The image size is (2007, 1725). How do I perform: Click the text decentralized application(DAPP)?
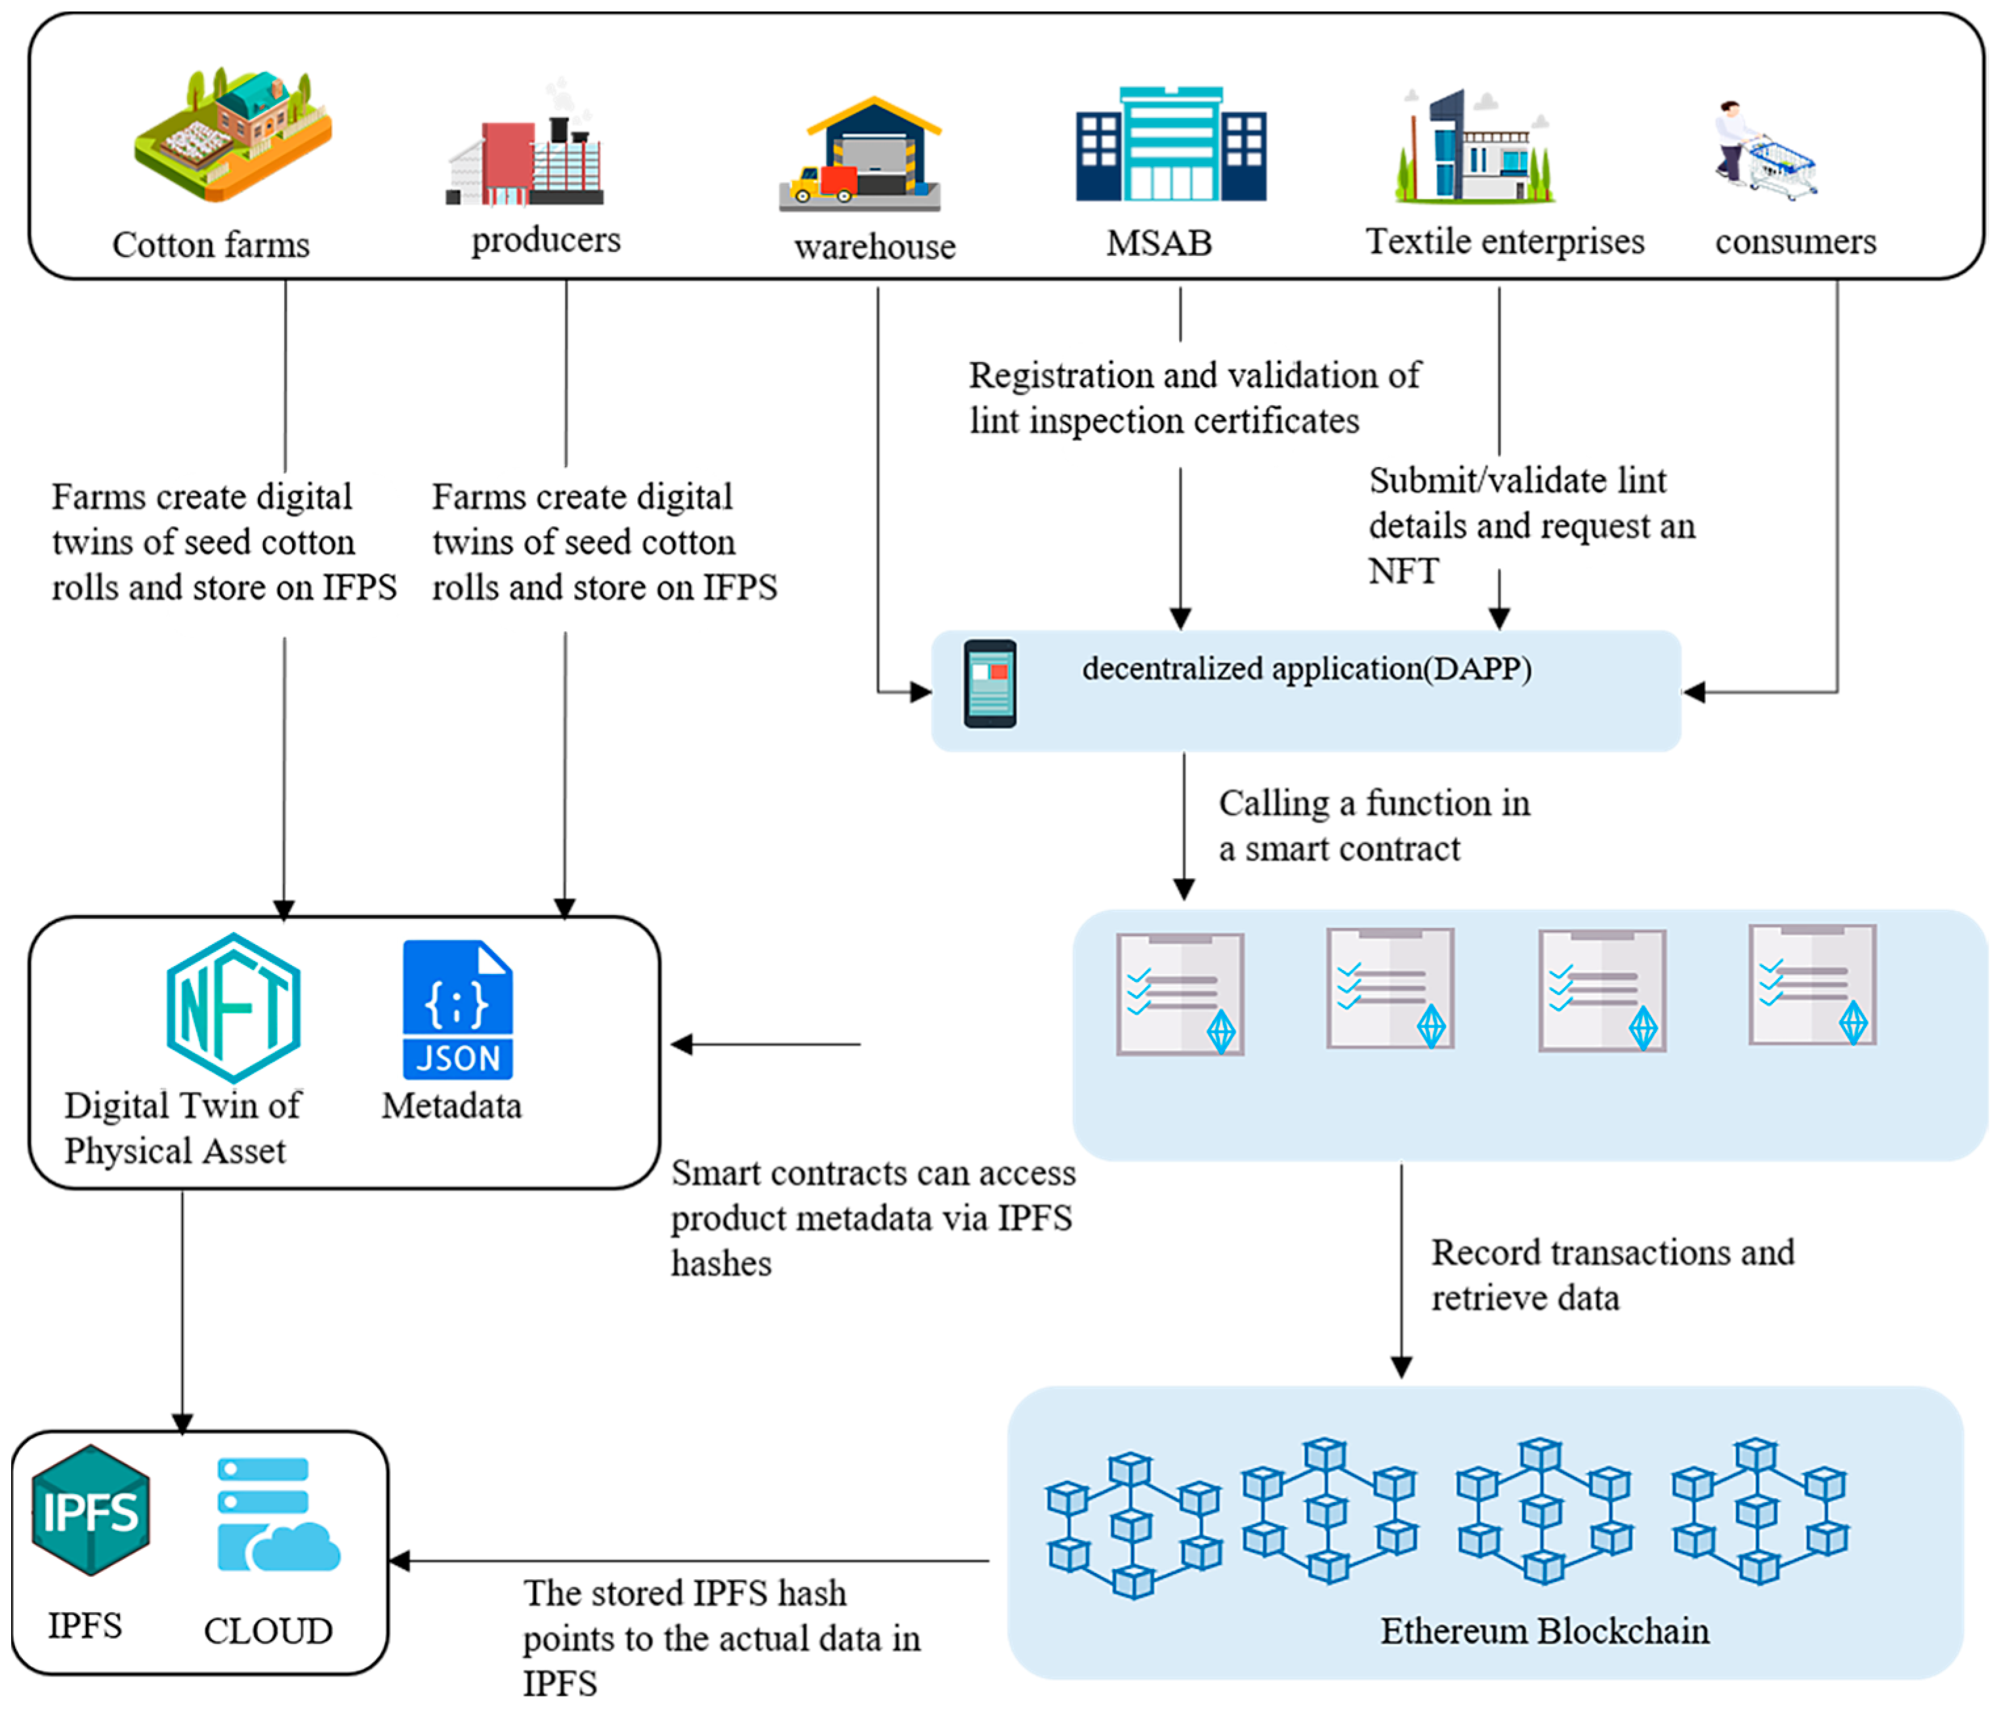(x=1306, y=668)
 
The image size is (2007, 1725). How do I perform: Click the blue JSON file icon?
(x=457, y=1009)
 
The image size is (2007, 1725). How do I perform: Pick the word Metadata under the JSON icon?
(x=451, y=1105)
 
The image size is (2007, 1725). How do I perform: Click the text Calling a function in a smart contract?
(x=1373, y=825)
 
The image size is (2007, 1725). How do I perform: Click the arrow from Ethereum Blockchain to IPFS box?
(x=688, y=1560)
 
